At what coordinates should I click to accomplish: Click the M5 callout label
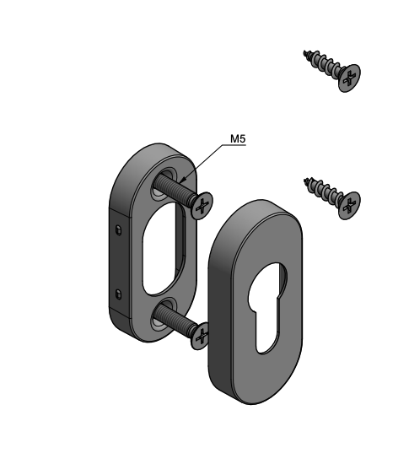(238, 138)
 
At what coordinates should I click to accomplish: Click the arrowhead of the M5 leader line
(182, 180)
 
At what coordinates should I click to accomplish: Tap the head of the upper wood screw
(350, 78)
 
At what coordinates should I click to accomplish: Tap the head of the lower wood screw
(350, 205)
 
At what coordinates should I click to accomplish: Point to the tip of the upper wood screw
(304, 52)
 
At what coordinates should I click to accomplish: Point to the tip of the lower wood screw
(305, 180)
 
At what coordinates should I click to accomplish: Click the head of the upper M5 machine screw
(202, 206)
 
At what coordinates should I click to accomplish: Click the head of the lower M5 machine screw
(201, 336)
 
